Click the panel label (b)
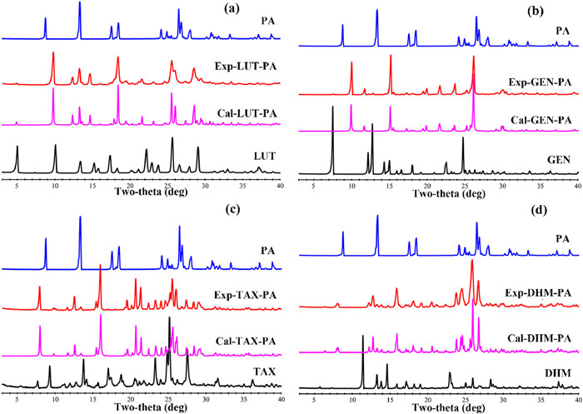tap(561, 12)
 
